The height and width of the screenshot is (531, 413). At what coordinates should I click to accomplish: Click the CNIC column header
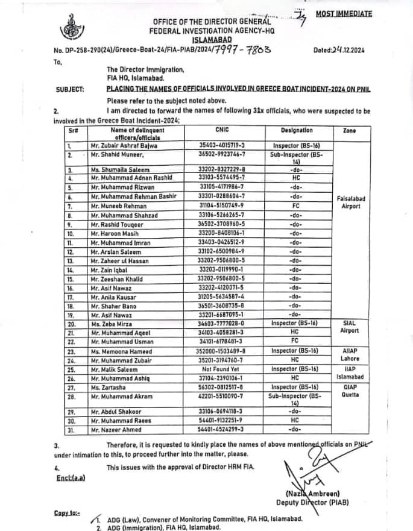coord(221,130)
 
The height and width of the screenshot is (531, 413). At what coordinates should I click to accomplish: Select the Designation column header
coord(297,130)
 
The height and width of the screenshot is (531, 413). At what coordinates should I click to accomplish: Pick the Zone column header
coord(349,130)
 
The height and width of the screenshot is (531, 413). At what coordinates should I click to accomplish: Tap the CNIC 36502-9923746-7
coord(222,154)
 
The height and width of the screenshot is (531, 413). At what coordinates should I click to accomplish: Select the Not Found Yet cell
coord(222,369)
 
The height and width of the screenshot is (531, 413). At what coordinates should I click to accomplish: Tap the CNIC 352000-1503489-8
coord(222,351)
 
